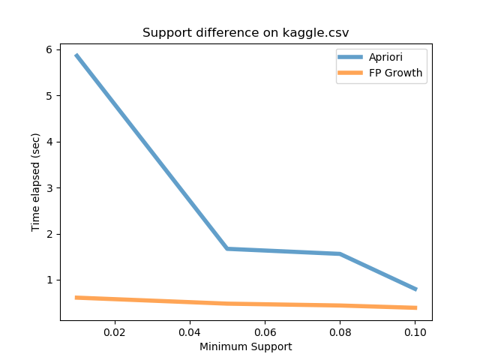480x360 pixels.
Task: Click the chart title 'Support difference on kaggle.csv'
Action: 246,33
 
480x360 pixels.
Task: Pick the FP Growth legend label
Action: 396,73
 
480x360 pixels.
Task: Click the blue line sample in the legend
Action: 352,57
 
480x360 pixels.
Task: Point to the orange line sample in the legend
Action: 352,73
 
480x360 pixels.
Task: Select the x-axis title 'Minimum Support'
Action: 246,346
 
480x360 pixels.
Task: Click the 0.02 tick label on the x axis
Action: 114,331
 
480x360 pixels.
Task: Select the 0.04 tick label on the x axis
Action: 189,331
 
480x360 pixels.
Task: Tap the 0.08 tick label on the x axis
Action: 340,331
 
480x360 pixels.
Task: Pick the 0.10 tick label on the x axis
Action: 415,331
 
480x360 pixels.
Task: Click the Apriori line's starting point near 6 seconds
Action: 76,55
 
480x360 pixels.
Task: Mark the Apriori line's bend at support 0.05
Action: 226,248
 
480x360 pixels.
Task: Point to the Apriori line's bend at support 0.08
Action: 340,253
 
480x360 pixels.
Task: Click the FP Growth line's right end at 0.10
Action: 415,307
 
